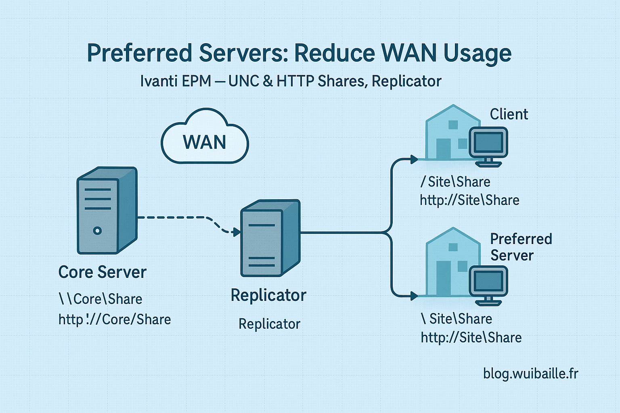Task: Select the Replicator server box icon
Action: tap(270, 238)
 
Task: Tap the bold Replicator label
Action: tap(268, 295)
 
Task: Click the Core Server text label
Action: tap(103, 272)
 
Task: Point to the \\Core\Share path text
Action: tap(101, 299)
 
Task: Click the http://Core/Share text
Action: tap(115, 319)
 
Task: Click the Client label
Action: tap(509, 115)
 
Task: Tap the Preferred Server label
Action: tap(521, 247)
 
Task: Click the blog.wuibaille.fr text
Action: tap(530, 373)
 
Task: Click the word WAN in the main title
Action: tap(408, 53)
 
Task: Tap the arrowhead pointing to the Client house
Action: tap(413, 159)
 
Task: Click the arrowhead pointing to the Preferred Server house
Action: tap(413, 296)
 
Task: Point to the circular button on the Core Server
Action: tap(97, 231)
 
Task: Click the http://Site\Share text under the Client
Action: tap(469, 200)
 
